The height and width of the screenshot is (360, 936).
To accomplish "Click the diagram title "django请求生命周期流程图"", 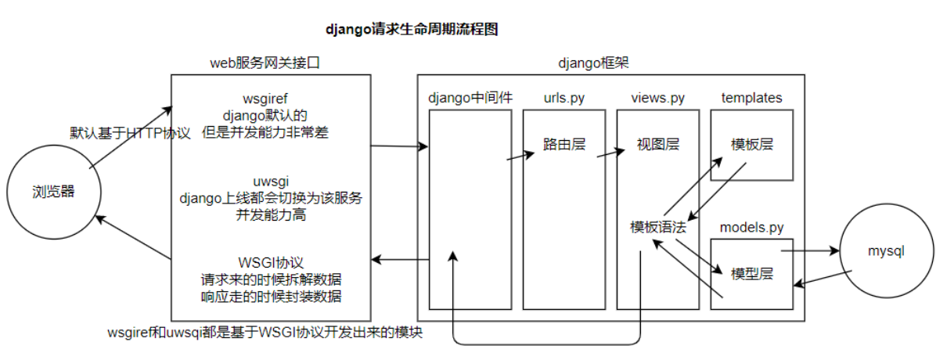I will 412,30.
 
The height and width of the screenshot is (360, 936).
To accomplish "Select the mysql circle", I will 886,251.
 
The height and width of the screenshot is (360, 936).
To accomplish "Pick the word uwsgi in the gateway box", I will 270,182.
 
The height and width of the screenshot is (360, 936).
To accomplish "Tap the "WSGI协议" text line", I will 270,262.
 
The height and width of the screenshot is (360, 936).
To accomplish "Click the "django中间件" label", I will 470,98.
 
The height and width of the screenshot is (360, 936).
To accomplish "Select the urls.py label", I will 564,98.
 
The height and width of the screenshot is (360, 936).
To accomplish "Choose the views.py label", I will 657,98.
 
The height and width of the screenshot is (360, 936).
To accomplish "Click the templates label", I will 751,98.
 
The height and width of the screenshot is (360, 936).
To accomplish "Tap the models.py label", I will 751,228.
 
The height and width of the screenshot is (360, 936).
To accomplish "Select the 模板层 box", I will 751,145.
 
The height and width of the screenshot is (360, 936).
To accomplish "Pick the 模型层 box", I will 751,274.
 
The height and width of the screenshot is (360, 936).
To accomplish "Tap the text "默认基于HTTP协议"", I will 130,134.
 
